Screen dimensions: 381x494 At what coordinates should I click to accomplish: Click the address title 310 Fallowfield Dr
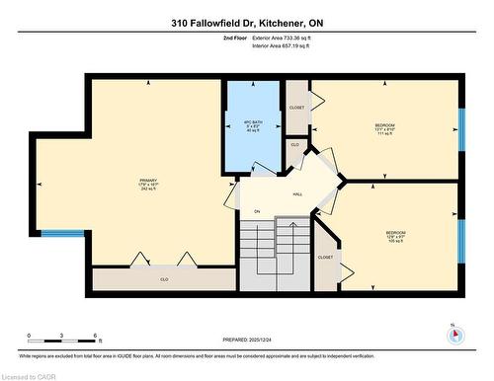pos(247,22)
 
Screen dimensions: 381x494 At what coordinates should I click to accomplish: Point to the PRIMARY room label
pos(148,184)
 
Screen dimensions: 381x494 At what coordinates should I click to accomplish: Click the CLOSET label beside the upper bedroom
pos(296,108)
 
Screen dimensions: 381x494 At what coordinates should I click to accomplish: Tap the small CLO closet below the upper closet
pos(294,144)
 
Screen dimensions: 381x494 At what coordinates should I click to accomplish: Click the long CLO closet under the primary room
pos(164,279)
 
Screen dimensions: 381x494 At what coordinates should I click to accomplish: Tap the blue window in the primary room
pos(62,233)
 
